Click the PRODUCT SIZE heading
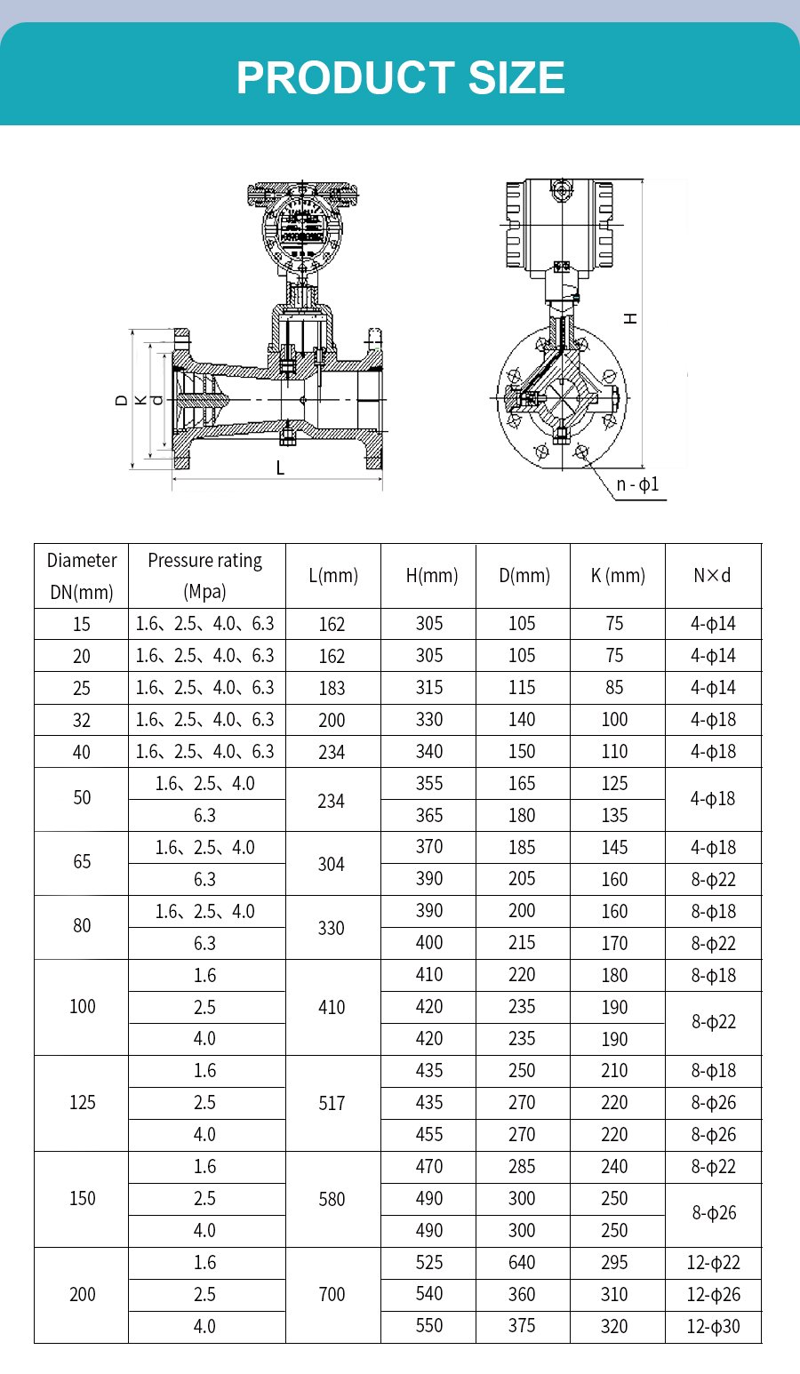(x=400, y=78)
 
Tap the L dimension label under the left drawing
(x=280, y=467)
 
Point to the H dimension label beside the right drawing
(x=630, y=317)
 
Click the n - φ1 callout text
(x=637, y=484)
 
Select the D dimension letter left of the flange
(x=122, y=401)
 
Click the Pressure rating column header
(x=204, y=576)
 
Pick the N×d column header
(x=712, y=576)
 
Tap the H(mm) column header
(x=431, y=576)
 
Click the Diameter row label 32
(x=82, y=720)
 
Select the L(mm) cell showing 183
(x=332, y=688)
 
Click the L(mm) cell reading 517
(x=332, y=1103)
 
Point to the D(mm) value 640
(x=522, y=1262)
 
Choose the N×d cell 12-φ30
(x=713, y=1326)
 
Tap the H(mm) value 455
(x=429, y=1134)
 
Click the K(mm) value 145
(x=614, y=847)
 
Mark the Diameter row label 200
(x=82, y=1294)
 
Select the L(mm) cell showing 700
(x=332, y=1294)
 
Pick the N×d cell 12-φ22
(x=713, y=1262)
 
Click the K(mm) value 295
(x=614, y=1262)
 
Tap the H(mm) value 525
(x=429, y=1262)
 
